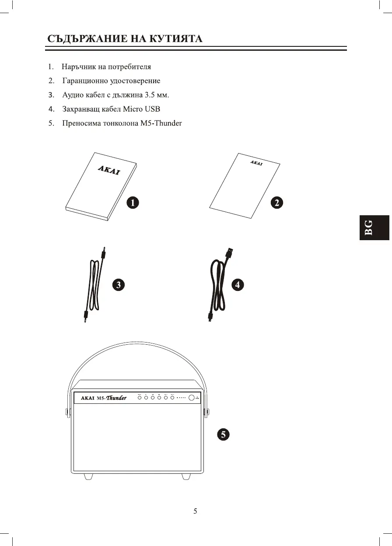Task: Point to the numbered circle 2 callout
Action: pyautogui.click(x=276, y=202)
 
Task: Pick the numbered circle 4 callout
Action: pyautogui.click(x=237, y=285)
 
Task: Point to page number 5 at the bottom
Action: pyautogui.click(x=196, y=511)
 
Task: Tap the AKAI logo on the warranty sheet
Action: pyautogui.click(x=256, y=163)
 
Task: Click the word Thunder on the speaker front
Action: pyautogui.click(x=116, y=398)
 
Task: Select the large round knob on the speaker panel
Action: pyautogui.click(x=192, y=398)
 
